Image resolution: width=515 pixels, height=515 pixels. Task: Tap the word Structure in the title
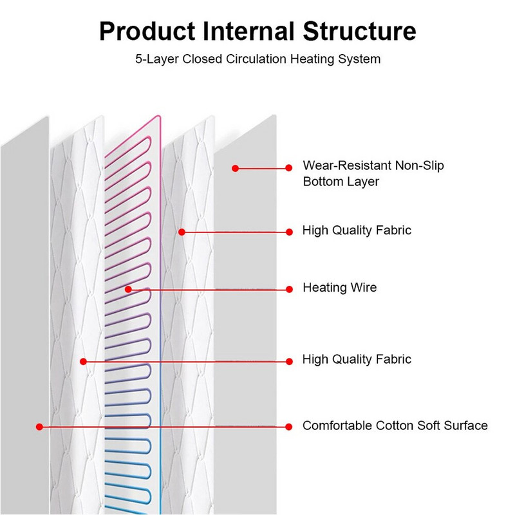[364, 31]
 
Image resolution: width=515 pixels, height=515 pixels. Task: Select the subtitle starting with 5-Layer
[257, 59]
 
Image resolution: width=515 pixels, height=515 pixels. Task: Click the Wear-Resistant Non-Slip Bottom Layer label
[373, 174]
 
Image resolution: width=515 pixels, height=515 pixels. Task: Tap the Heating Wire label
[340, 288]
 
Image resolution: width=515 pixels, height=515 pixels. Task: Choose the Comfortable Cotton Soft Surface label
[395, 426]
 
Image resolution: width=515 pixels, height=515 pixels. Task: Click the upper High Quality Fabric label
[357, 230]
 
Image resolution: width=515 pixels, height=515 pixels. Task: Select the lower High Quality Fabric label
[357, 359]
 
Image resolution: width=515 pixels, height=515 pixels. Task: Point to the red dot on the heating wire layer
[129, 289]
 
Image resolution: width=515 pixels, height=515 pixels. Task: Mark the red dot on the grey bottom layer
[236, 168]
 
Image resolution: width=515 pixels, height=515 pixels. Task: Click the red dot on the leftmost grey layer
[40, 426]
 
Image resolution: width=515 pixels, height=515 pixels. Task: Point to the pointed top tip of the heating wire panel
[158, 117]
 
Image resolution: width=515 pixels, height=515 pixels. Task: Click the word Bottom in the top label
[321, 182]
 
